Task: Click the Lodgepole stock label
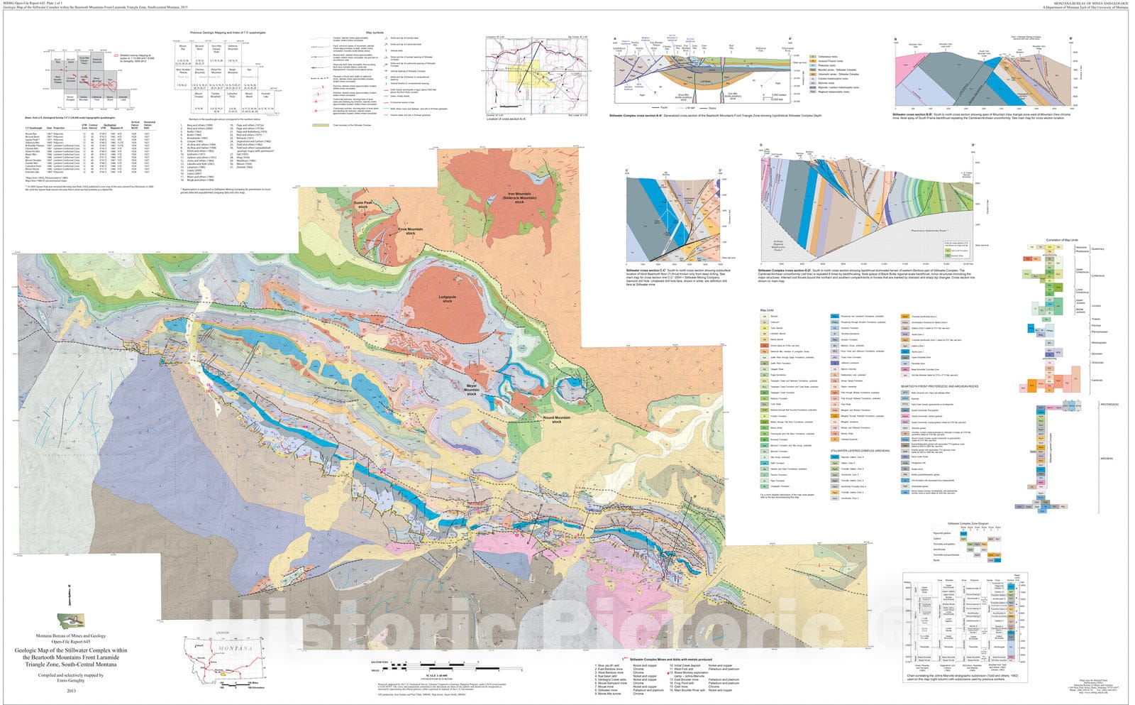tap(446, 299)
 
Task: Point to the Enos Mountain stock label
tap(410, 231)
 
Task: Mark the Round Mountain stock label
tap(557, 420)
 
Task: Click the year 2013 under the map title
tap(71, 690)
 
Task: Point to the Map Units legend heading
tap(767, 310)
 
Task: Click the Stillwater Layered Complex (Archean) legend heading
tap(860, 450)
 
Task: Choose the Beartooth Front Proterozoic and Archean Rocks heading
tap(938, 386)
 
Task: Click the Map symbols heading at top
tap(375, 33)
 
